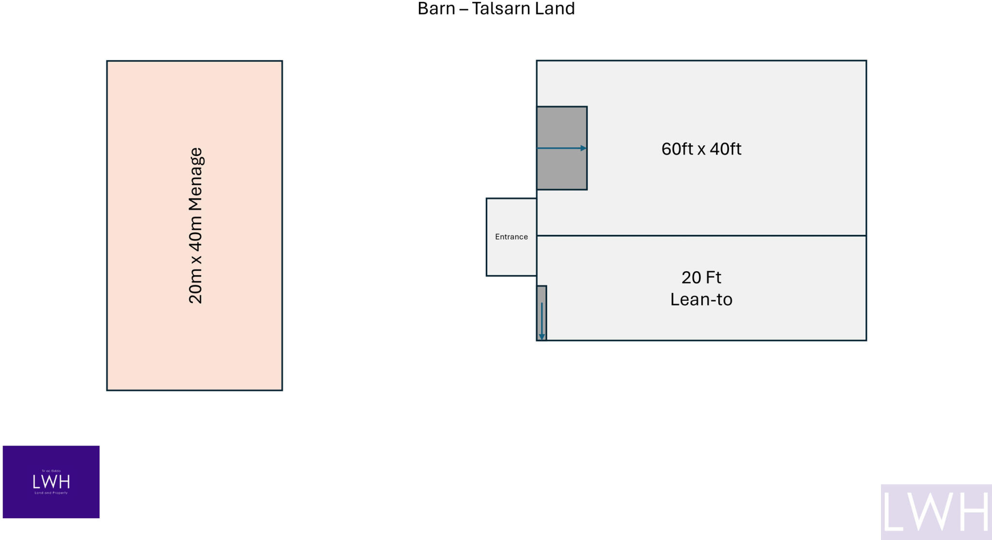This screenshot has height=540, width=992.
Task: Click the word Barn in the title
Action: click(x=436, y=9)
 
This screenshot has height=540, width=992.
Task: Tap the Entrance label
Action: click(x=511, y=237)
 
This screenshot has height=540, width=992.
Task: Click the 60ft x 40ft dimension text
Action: click(x=701, y=149)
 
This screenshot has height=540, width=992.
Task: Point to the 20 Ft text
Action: click(x=701, y=278)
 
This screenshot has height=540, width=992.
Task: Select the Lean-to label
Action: click(x=701, y=300)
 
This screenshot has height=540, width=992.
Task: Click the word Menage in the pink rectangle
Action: click(x=195, y=179)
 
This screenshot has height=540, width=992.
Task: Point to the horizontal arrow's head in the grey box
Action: click(x=584, y=148)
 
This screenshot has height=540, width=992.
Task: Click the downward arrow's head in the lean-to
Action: click(x=542, y=337)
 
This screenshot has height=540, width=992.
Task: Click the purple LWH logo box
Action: click(x=51, y=482)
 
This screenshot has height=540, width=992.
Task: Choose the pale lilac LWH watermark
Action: click(x=936, y=512)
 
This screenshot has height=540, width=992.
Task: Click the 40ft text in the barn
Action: click(x=725, y=149)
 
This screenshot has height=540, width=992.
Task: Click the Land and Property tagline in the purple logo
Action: click(x=51, y=493)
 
